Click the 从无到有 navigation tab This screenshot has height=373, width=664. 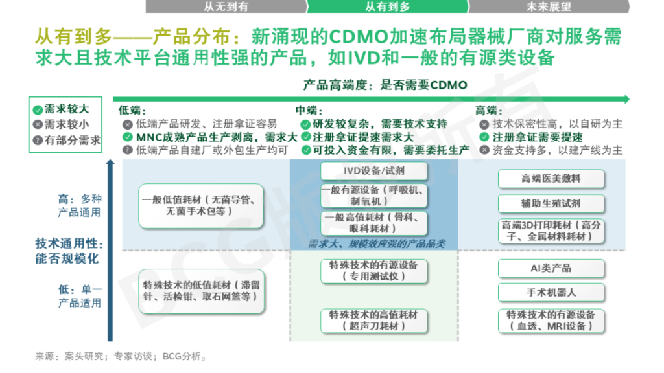(x=225, y=6)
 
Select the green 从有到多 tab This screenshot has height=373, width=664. (x=387, y=6)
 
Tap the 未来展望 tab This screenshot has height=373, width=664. (x=549, y=6)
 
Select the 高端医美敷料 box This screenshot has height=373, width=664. (x=551, y=179)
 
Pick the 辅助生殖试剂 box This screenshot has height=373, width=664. (x=551, y=203)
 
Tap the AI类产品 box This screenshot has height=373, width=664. (x=551, y=269)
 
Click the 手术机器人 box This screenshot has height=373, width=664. (x=551, y=293)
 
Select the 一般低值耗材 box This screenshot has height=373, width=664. (x=202, y=206)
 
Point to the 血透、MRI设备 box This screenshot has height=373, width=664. (x=551, y=321)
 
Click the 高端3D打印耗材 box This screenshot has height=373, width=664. (x=551, y=231)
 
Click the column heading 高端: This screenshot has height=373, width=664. (x=488, y=111)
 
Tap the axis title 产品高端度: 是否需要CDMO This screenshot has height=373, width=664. (x=385, y=85)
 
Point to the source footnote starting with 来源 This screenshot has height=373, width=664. (x=121, y=356)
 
